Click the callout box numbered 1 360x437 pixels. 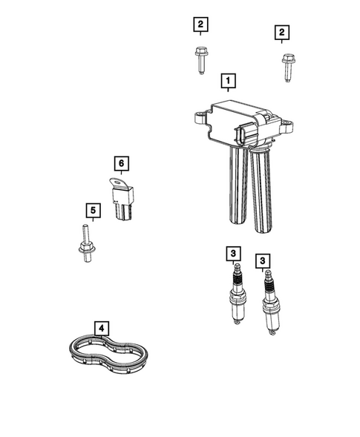[229, 79]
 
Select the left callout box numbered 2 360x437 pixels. [200, 25]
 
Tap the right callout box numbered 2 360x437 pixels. [281, 32]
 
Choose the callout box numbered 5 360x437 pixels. [92, 211]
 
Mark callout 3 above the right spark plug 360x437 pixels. [262, 260]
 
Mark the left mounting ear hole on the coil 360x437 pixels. [198, 116]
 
